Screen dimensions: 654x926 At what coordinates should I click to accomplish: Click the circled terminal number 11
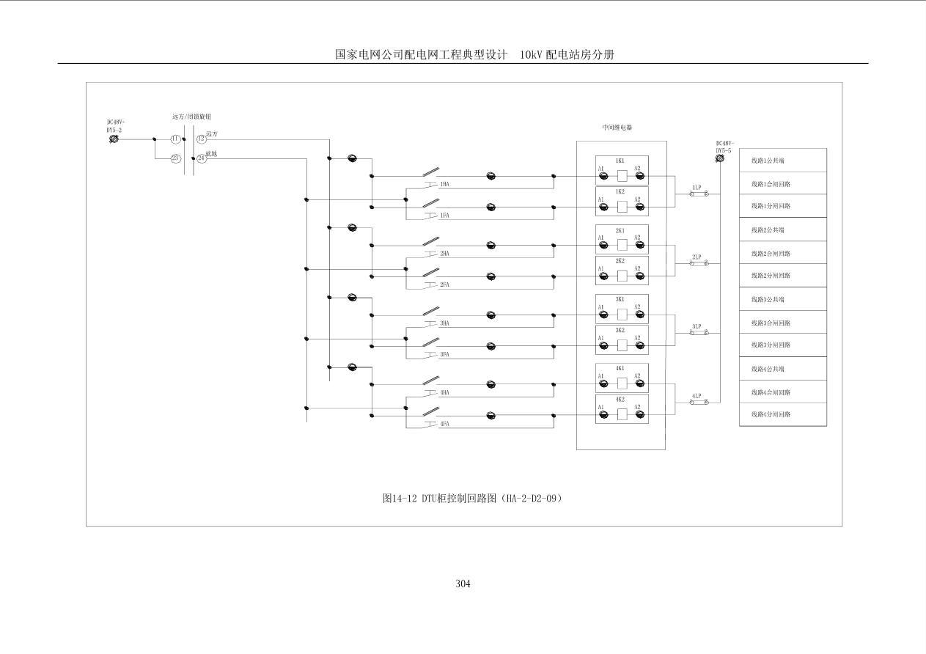pyautogui.click(x=176, y=139)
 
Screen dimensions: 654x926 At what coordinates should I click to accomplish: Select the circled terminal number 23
pyautogui.click(x=176, y=158)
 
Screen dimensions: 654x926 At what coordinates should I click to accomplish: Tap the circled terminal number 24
pyautogui.click(x=202, y=158)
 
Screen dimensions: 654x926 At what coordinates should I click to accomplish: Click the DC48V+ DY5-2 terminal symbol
pyautogui.click(x=114, y=139)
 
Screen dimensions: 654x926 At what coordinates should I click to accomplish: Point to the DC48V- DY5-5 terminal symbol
pyautogui.click(x=720, y=158)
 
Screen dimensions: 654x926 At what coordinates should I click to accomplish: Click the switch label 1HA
pyautogui.click(x=444, y=185)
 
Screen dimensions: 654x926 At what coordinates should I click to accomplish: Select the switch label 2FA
pyautogui.click(x=444, y=284)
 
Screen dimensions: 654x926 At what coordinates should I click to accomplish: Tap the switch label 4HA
pyautogui.click(x=444, y=393)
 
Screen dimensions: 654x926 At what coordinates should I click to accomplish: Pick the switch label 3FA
pyautogui.click(x=444, y=355)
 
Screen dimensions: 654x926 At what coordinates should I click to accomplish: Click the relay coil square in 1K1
pyautogui.click(x=621, y=176)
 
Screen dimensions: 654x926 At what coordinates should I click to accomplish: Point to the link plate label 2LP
pyautogui.click(x=697, y=257)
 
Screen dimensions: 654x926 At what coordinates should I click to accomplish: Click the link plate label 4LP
pyautogui.click(x=697, y=396)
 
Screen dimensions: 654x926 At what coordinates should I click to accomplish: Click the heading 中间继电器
pyautogui.click(x=617, y=127)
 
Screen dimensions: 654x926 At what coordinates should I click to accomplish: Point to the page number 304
pyautogui.click(x=463, y=584)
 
